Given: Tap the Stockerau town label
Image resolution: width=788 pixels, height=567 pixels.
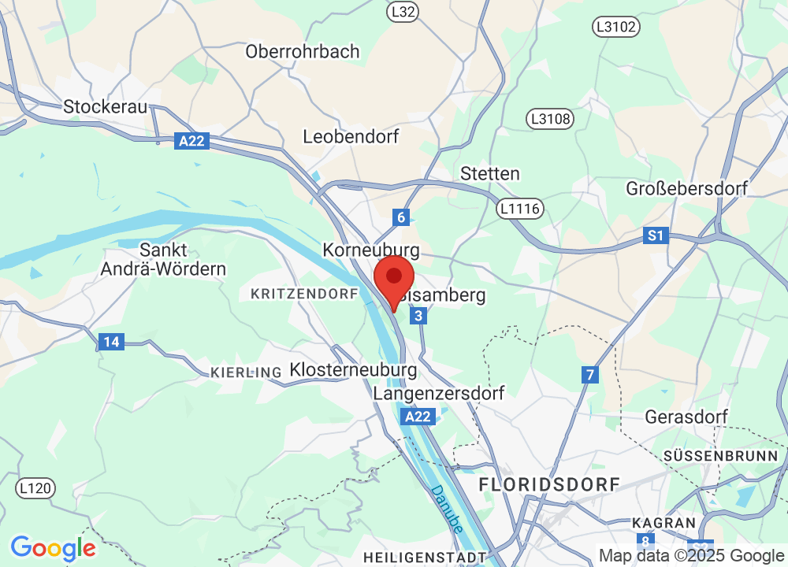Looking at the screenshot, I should click(x=106, y=106).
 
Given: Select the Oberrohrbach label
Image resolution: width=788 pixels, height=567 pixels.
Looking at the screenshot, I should click(x=303, y=51).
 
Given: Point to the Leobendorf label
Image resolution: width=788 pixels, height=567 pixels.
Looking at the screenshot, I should click(x=351, y=136).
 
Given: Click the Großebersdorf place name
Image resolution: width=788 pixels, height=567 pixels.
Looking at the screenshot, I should click(x=686, y=188).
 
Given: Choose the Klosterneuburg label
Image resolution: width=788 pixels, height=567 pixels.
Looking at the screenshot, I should click(x=353, y=369).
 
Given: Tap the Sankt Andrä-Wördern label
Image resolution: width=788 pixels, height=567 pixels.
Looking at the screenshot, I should click(x=163, y=259).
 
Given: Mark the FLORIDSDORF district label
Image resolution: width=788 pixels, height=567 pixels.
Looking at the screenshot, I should click(x=549, y=484).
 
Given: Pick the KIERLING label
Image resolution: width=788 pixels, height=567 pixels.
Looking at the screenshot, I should click(x=246, y=372).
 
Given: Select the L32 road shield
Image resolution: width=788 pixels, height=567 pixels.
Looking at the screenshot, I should click(x=403, y=12).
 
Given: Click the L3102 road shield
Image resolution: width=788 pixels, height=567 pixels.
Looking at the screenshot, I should click(x=615, y=28).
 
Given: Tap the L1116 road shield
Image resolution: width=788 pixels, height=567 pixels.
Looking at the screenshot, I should click(x=519, y=209).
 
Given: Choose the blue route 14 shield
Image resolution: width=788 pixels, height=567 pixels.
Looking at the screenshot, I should click(x=112, y=342).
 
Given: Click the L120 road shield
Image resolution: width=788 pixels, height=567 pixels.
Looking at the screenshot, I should click(x=35, y=488).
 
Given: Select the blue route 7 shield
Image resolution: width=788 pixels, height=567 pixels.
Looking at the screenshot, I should click(x=589, y=375).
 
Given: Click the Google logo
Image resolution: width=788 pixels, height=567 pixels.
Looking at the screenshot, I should click(x=53, y=547).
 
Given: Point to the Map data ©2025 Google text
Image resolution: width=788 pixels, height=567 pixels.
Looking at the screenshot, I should click(x=691, y=554).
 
